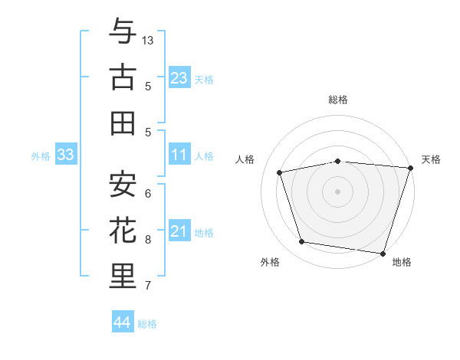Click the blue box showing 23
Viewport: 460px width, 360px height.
[179, 77]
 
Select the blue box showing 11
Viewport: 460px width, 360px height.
[179, 155]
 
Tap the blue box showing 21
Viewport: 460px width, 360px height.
[179, 231]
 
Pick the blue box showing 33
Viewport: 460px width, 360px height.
[65, 155]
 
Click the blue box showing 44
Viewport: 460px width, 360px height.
[122, 322]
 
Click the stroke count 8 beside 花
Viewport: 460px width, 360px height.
[148, 240]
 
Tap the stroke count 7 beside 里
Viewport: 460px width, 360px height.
[148, 286]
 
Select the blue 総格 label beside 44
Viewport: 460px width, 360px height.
[147, 324]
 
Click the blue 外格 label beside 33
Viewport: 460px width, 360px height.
[41, 156]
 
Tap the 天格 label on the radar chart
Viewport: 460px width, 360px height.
[431, 159]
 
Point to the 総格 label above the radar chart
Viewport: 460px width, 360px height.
[338, 100]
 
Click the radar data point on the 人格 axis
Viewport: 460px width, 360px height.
[280, 172]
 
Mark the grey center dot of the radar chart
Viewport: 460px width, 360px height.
[338, 191]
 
